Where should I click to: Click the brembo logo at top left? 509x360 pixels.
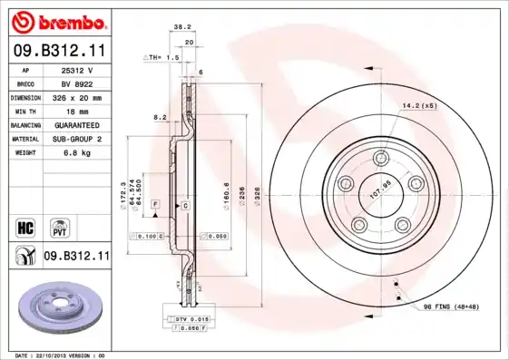56,20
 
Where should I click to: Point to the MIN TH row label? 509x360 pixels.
26,111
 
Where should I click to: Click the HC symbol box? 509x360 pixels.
27,226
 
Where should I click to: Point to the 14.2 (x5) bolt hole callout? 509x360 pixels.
420,106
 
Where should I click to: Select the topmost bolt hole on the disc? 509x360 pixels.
380,159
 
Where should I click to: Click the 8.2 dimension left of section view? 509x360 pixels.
160,117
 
